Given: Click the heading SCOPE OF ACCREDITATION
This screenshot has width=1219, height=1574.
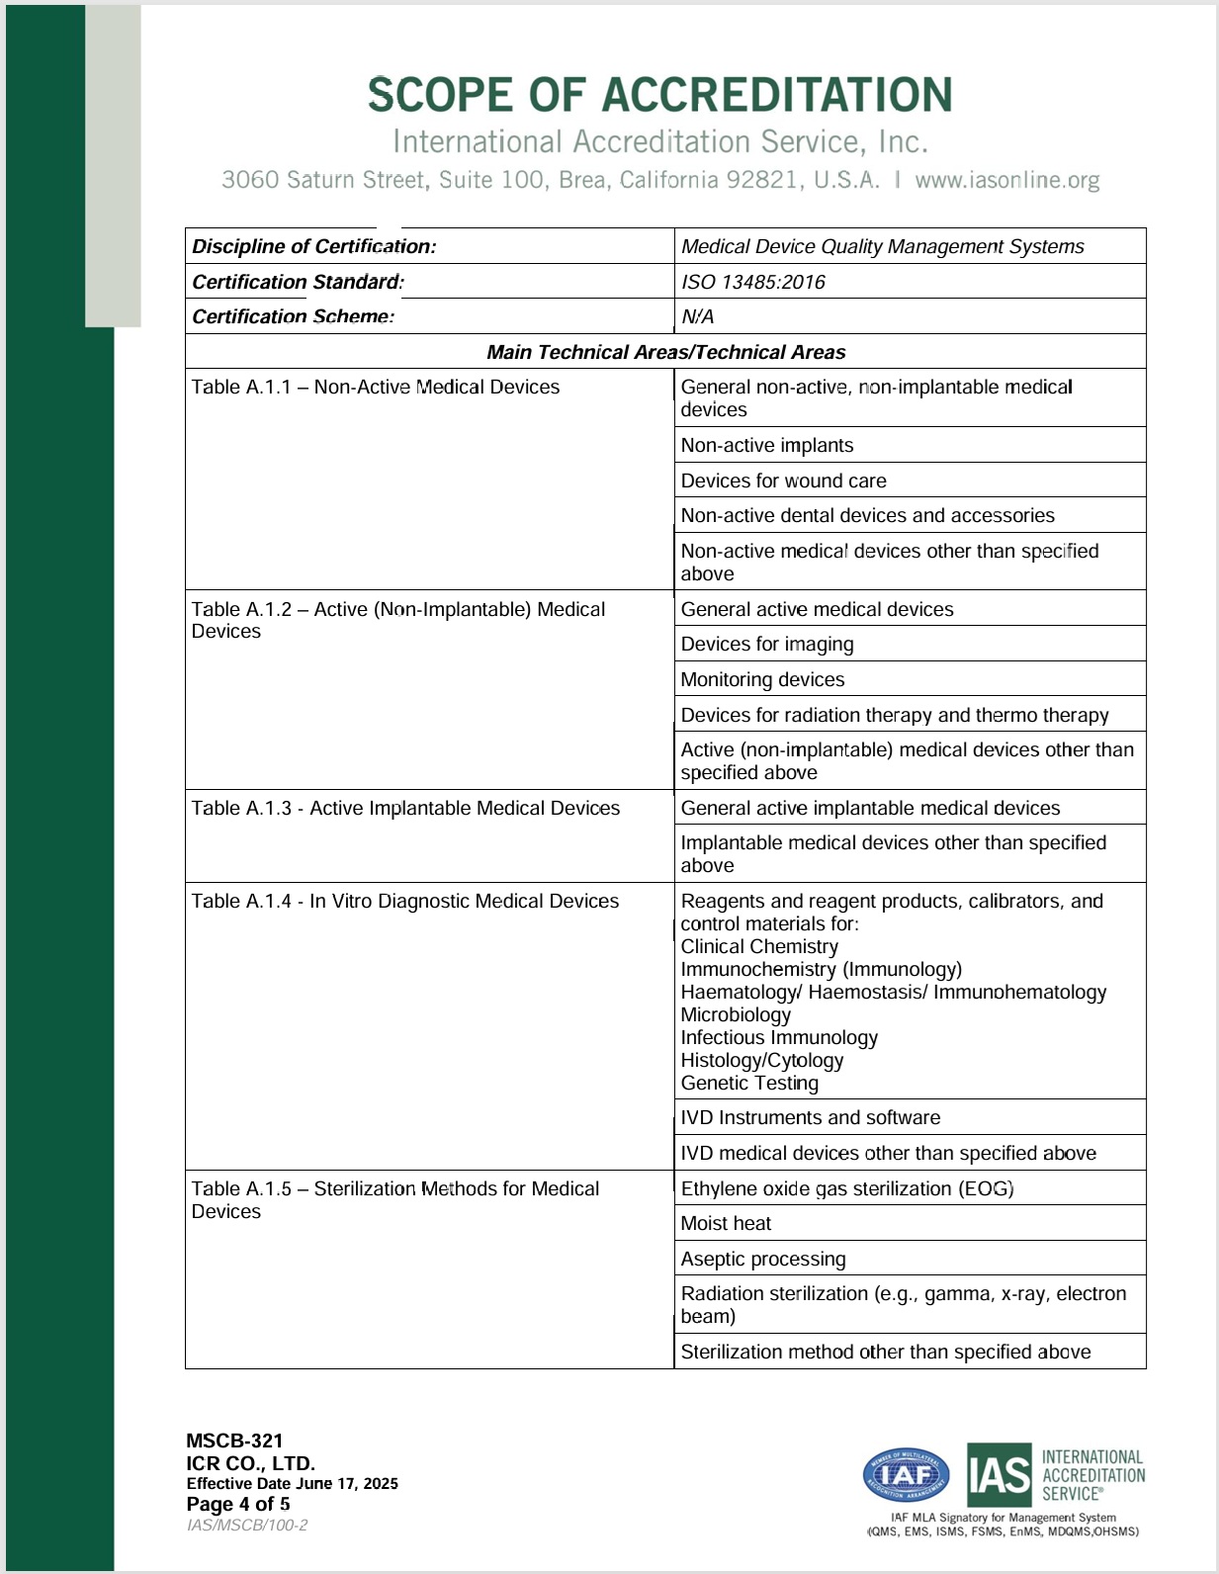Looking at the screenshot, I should click(659, 95).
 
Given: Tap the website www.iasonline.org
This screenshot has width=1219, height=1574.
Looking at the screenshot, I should click(1006, 180).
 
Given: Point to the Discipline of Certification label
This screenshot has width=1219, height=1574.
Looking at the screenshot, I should click(314, 246).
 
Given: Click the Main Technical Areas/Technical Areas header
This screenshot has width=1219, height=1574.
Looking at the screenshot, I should click(665, 352).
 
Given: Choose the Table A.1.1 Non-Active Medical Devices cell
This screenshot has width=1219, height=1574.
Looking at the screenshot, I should click(376, 388).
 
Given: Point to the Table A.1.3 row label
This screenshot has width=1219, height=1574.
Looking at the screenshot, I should click(405, 808).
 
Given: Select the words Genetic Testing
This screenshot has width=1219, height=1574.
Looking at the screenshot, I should click(749, 1083).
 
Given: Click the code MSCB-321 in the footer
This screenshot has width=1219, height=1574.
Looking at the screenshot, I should click(234, 1441).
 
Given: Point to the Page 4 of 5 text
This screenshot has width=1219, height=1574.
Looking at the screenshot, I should click(238, 1504).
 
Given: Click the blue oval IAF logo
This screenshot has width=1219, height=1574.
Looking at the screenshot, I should click(906, 1476).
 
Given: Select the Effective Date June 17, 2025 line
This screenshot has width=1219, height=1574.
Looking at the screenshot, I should click(293, 1483).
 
